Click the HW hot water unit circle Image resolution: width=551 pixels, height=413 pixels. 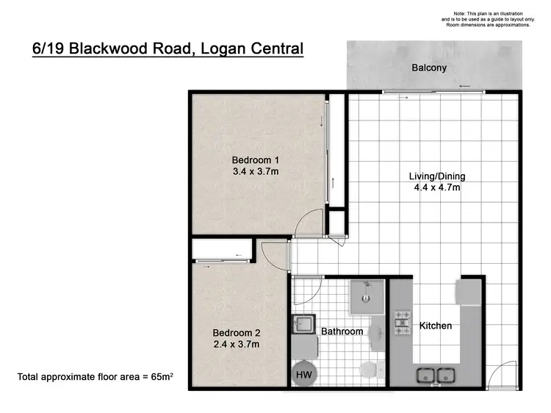[303, 375]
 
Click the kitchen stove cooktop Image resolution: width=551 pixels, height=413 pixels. [403, 320]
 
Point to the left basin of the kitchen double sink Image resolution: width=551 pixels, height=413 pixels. [425, 376]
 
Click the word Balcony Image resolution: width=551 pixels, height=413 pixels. [428, 68]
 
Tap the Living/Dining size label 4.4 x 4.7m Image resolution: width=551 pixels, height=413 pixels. [436, 187]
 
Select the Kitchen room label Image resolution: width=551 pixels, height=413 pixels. [435, 326]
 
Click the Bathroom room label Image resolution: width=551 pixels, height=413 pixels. [342, 331]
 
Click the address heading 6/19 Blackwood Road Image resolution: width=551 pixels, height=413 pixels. [168, 49]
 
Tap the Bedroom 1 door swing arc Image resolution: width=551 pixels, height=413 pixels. [313, 218]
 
